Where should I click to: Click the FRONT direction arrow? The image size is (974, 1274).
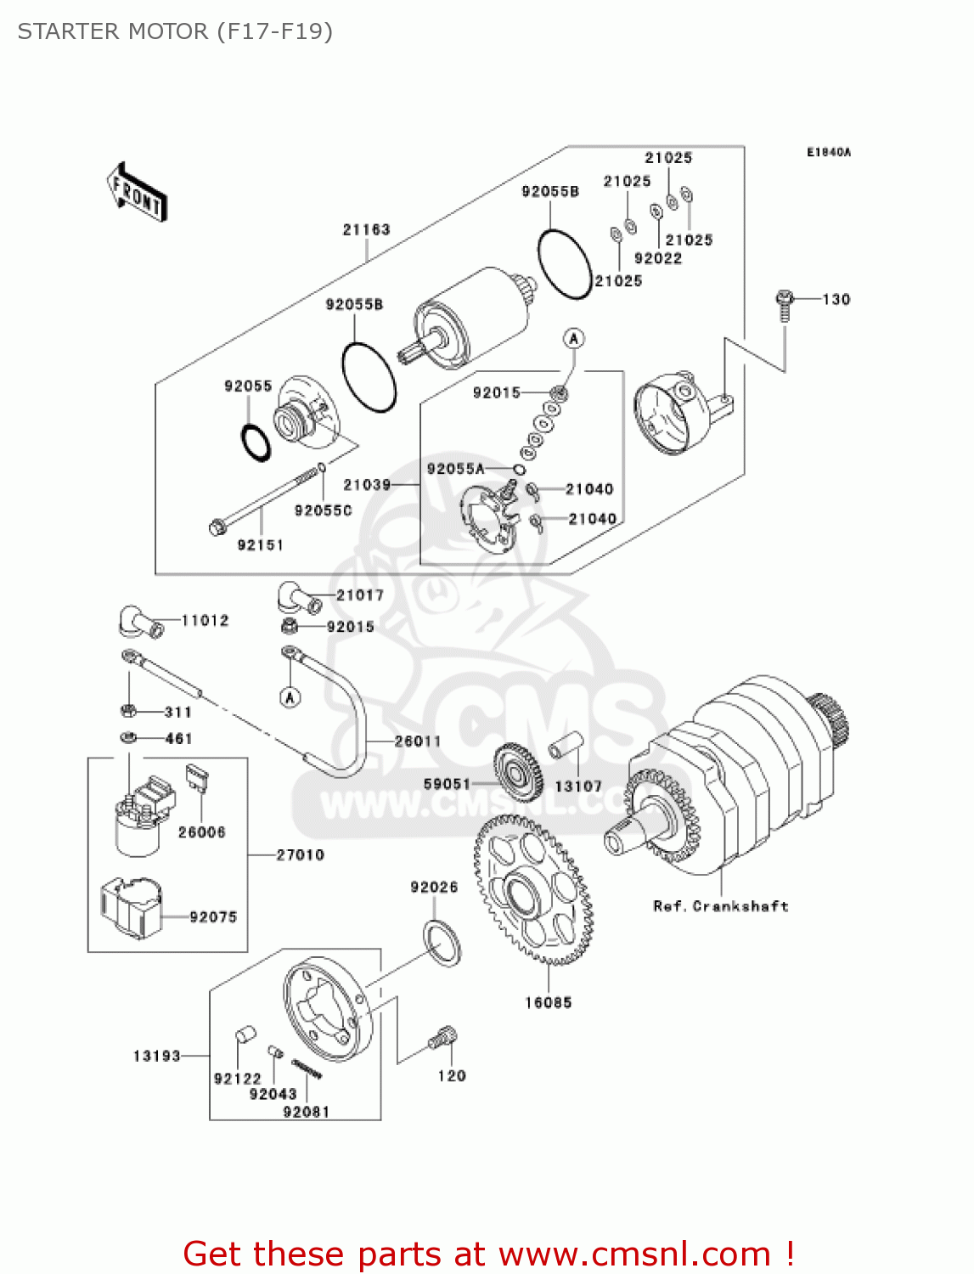pyautogui.click(x=137, y=193)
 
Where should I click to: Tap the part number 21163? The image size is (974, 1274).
pyautogui.click(x=366, y=229)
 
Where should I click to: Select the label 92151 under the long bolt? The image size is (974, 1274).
pyautogui.click(x=260, y=545)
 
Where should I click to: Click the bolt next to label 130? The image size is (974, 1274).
pyautogui.click(x=785, y=305)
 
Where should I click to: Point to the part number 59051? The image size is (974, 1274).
pyautogui.click(x=447, y=784)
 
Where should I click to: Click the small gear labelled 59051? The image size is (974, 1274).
pyautogui.click(x=517, y=771)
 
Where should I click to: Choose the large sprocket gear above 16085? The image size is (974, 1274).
pyautogui.click(x=532, y=888)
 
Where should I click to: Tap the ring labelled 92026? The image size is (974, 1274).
pyautogui.click(x=442, y=942)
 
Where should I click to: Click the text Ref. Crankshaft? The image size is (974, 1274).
pyautogui.click(x=720, y=906)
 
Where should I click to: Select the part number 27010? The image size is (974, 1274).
pyautogui.click(x=300, y=854)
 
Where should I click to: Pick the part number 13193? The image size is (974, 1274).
pyautogui.click(x=157, y=1056)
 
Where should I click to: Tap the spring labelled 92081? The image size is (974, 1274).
pyautogui.click(x=307, y=1068)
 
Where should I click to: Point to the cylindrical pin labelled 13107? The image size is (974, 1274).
pyautogui.click(x=565, y=745)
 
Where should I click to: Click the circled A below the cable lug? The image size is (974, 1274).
pyautogui.click(x=290, y=697)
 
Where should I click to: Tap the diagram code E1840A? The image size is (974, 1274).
pyautogui.click(x=828, y=153)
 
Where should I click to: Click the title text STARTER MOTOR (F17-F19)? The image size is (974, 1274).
pyautogui.click(x=175, y=31)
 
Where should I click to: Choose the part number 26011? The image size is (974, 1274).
pyautogui.click(x=418, y=741)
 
